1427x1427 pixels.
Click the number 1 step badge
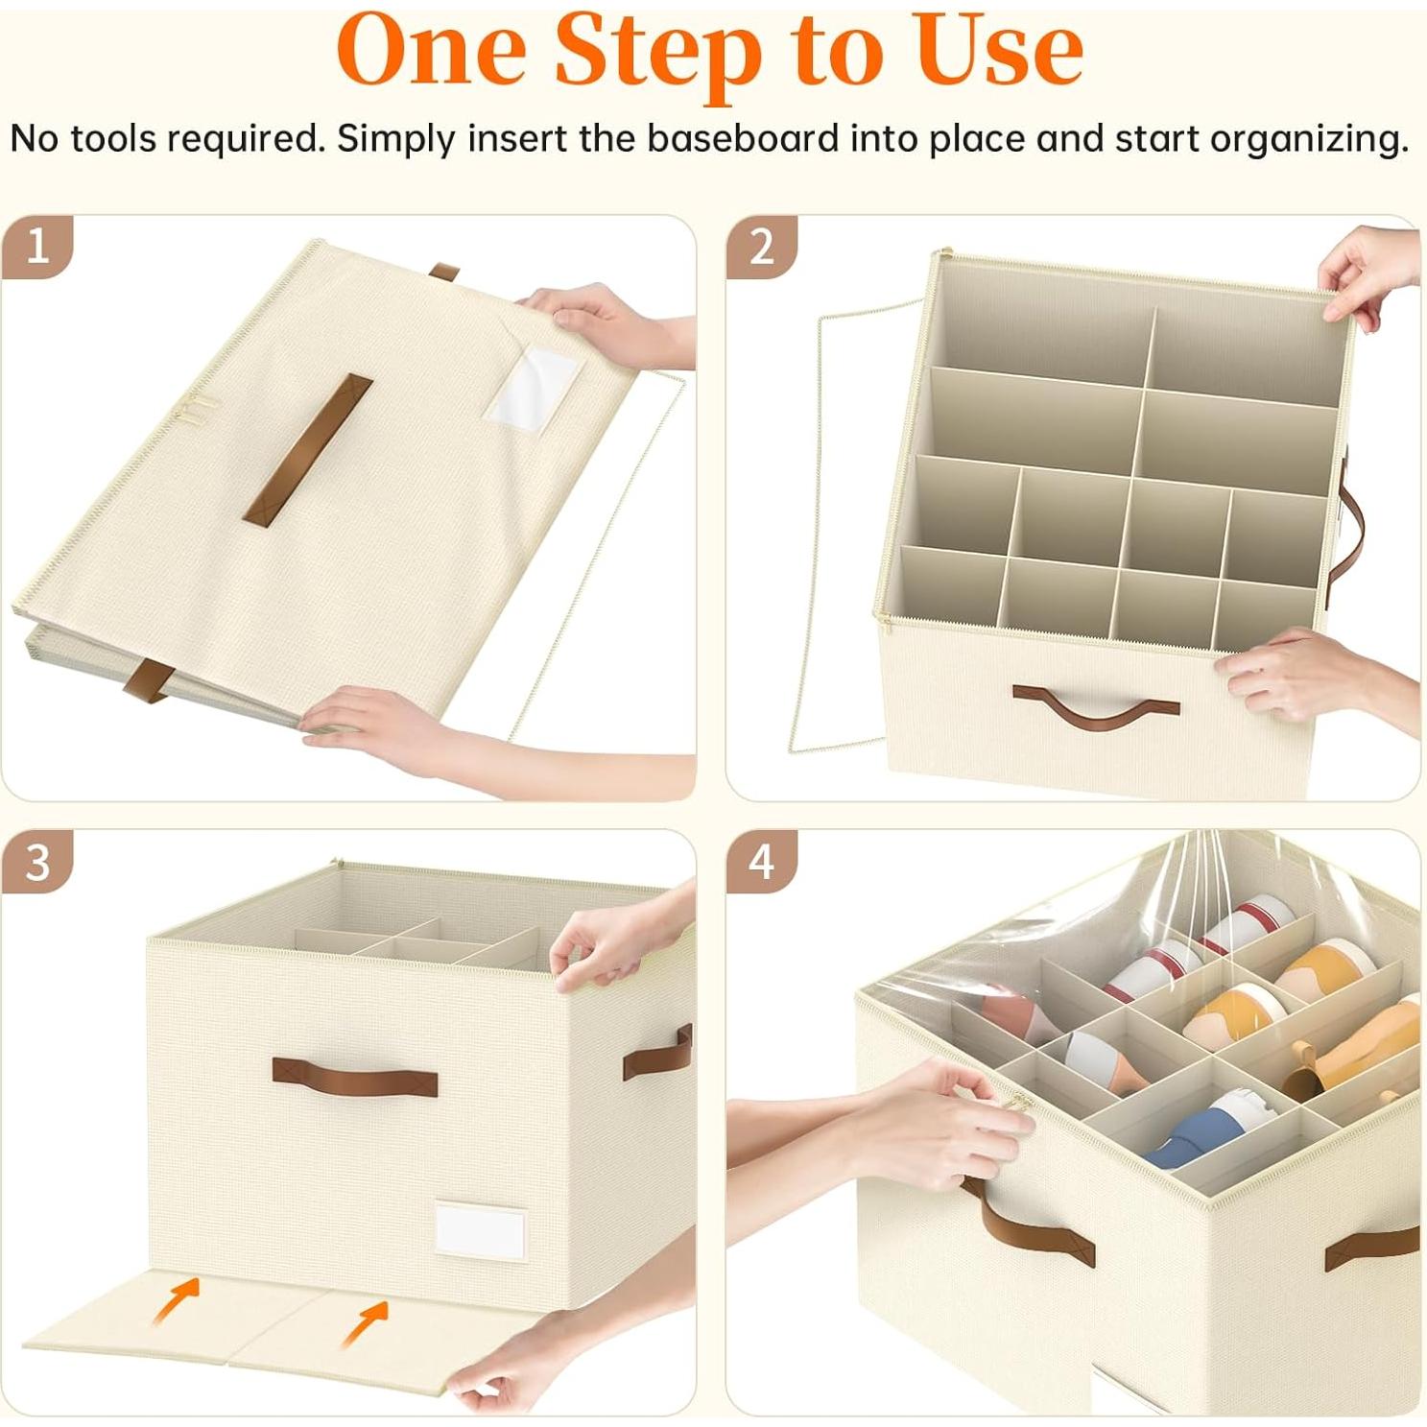pos(36,247)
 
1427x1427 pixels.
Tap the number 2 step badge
pos(761,247)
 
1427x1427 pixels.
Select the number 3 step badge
pos(36,862)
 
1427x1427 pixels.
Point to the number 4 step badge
pos(761,862)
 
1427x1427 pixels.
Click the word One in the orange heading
pos(432,50)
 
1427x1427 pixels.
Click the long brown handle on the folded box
pos(307,449)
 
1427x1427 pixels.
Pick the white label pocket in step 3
pos(480,1228)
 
